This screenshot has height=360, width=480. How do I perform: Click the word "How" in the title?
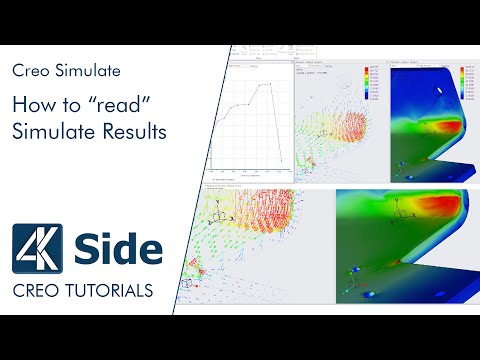[x=29, y=104]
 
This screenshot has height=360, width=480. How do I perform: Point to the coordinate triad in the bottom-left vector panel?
[x=236, y=213]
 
